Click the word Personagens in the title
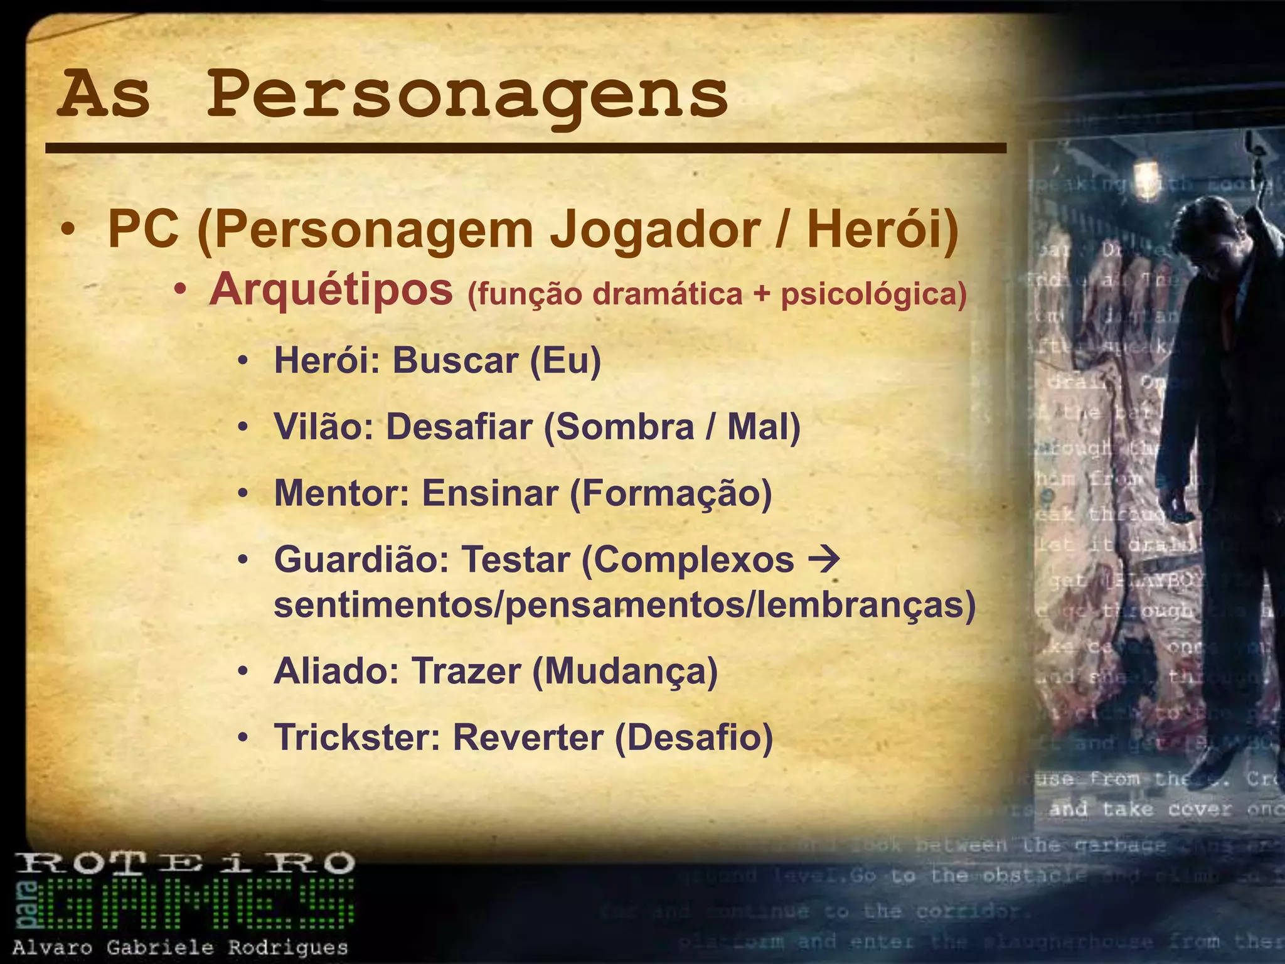(x=467, y=95)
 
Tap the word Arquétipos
(x=331, y=290)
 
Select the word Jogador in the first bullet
(x=654, y=230)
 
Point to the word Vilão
(x=324, y=427)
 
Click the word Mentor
(x=341, y=493)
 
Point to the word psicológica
(x=873, y=294)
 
